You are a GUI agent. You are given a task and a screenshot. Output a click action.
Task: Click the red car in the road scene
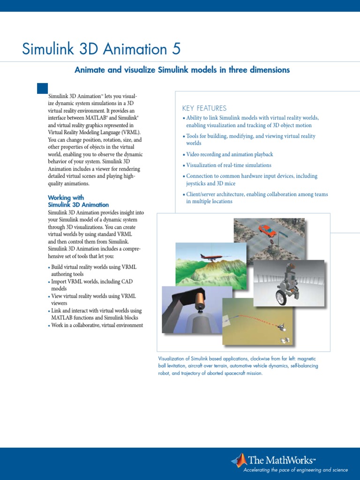(267, 230)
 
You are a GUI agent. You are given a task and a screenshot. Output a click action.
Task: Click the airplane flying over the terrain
(210, 257)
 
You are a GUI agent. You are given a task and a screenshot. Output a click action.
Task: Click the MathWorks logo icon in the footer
(239, 461)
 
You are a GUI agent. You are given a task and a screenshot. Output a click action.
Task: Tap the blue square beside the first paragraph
(42, 88)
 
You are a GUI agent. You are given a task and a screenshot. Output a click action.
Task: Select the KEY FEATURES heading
(204, 108)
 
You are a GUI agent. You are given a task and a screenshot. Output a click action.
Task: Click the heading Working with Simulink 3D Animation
(78, 201)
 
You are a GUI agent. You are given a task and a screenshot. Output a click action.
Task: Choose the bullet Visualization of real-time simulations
(228, 165)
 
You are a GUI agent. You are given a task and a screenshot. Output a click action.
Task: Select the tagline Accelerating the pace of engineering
(295, 470)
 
